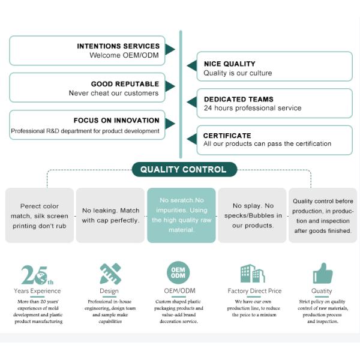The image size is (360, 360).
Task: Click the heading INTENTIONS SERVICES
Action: (118, 46)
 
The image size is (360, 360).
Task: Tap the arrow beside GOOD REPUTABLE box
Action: (170, 86)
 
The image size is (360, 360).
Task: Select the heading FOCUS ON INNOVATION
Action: (116, 121)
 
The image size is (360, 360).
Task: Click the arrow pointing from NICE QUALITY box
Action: (192, 66)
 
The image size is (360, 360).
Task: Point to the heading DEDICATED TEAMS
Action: (239, 99)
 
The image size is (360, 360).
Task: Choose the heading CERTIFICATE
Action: (227, 136)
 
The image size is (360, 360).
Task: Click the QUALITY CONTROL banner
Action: (184, 169)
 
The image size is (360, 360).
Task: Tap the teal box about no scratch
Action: (181, 215)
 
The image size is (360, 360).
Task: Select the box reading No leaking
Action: (110, 215)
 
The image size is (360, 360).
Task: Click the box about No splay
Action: (252, 215)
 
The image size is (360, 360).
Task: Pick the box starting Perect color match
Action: (40, 215)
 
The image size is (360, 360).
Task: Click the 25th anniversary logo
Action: (37, 275)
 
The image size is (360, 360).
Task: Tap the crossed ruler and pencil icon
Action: (110, 274)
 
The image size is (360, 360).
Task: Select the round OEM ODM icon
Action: (178, 272)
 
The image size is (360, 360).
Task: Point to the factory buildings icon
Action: (253, 273)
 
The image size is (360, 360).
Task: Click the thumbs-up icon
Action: (323, 273)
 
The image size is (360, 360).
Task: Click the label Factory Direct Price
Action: (254, 291)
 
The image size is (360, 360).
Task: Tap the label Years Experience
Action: (37, 291)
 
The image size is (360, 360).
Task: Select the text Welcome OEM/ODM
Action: (124, 55)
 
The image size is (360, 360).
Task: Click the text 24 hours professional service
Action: (253, 108)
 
